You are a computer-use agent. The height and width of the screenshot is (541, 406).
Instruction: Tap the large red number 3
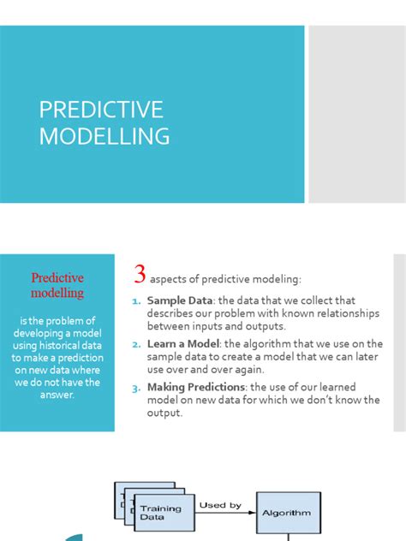coord(140,275)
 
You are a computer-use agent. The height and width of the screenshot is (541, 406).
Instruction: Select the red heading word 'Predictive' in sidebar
coord(57,278)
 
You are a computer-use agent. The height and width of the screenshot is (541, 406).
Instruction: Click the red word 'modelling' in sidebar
coord(57,293)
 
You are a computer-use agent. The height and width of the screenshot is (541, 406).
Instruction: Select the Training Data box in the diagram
coord(161,512)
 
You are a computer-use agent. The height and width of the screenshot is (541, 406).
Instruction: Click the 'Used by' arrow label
coord(219,505)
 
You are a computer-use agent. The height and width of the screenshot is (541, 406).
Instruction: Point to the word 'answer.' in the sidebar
coord(57,395)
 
